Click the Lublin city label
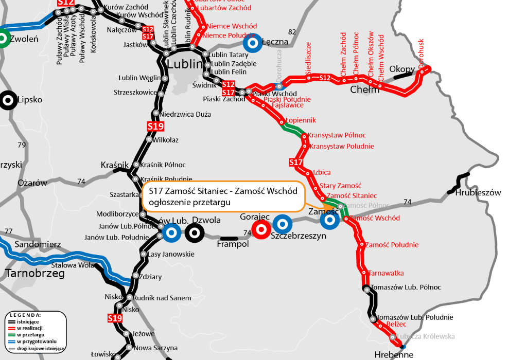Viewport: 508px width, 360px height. pyautogui.click(x=185, y=64)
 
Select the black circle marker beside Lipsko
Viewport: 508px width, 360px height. pyautogui.click(x=8, y=100)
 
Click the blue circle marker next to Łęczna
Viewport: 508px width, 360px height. pyautogui.click(x=253, y=43)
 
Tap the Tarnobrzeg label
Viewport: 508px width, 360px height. pyautogui.click(x=35, y=274)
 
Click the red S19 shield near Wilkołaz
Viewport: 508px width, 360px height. pyautogui.click(x=155, y=126)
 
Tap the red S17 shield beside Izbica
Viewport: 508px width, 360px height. pyautogui.click(x=296, y=163)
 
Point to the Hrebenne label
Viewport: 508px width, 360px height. pyautogui.click(x=394, y=354)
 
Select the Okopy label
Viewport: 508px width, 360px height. pyautogui.click(x=402, y=69)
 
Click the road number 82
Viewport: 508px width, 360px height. pyautogui.click(x=292, y=32)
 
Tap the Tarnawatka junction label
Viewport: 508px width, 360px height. pyautogui.click(x=386, y=273)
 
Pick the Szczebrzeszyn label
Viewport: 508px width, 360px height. pyautogui.click(x=299, y=236)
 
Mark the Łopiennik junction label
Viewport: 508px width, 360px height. pyautogui.click(x=301, y=120)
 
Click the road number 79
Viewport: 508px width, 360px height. pyautogui.click(x=21, y=145)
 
